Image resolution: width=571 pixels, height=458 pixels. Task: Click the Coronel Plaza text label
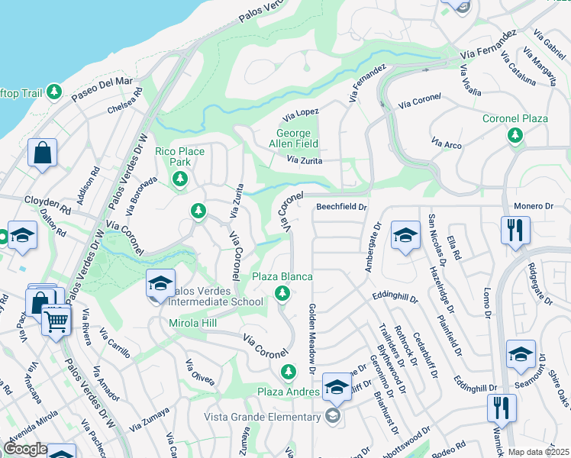point(515,119)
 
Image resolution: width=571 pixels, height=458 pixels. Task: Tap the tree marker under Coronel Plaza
point(515,135)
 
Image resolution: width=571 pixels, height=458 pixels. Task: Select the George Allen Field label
point(297,137)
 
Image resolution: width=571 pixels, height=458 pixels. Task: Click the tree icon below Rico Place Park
point(180,179)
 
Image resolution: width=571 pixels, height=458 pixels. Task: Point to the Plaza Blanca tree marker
point(282,293)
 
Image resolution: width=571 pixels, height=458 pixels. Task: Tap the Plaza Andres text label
point(287,392)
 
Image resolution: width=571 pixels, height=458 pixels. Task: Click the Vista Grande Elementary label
point(262,417)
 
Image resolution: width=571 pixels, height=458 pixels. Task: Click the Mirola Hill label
point(193,324)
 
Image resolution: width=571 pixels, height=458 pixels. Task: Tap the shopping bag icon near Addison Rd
point(43,152)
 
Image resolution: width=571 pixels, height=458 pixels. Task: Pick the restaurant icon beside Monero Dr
point(515,230)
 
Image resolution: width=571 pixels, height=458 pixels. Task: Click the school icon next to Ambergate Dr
point(405,234)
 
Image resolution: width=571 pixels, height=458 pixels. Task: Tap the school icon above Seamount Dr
point(521,354)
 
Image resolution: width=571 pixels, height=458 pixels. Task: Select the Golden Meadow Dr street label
point(311,338)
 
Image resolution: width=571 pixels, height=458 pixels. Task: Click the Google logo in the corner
point(25,449)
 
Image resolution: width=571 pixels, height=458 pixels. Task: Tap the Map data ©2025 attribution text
point(537,452)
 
